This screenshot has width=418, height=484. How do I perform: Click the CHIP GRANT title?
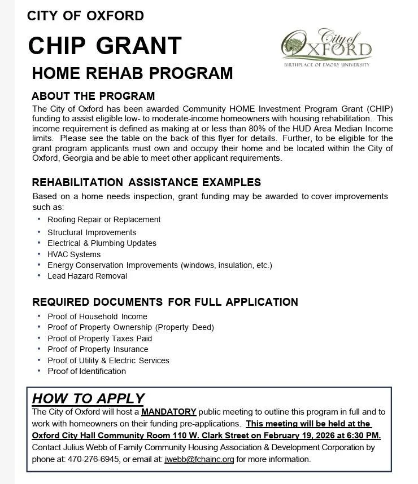tap(105, 46)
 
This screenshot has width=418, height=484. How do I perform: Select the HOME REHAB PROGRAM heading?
tap(132, 73)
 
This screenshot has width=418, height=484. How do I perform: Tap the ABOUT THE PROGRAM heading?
tap(93, 96)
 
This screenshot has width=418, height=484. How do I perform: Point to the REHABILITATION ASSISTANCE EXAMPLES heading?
tap(146, 182)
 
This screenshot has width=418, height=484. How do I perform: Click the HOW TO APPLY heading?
tap(88, 398)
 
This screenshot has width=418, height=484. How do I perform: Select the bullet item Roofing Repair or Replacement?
tap(104, 219)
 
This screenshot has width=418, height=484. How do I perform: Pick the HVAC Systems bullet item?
tap(74, 254)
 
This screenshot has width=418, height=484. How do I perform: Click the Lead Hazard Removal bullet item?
tap(87, 276)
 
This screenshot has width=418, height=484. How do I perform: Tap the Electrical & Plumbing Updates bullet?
tap(102, 243)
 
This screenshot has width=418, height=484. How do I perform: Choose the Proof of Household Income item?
tap(97, 316)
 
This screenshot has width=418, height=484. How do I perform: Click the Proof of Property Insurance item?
tap(98, 349)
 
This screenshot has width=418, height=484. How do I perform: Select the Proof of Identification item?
tap(86, 371)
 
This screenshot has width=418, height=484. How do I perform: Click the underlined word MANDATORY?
tap(169, 412)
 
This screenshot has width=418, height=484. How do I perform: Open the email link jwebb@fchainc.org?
tap(199, 459)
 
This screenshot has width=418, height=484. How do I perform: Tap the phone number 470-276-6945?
tap(94, 459)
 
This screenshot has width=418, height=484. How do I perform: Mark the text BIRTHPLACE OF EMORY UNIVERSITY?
tap(327, 65)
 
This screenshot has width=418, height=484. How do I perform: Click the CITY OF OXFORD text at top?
tap(85, 16)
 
